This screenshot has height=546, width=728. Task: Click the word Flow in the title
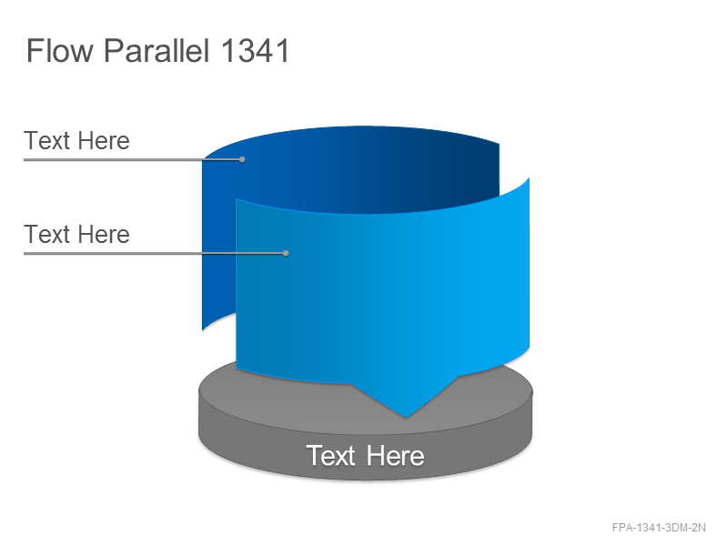60,51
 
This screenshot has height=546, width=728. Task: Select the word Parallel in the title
157,51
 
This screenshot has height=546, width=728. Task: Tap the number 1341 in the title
255,51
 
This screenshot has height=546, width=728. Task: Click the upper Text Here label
76,141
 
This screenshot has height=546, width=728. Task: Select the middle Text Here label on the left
76,234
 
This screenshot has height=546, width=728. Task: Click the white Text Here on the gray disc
365,456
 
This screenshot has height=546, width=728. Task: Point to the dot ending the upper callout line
242,159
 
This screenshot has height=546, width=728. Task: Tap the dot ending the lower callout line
286,253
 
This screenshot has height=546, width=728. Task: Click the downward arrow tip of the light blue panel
406,418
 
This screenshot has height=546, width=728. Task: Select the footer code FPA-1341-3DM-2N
659,528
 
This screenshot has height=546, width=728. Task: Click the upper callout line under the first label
133,160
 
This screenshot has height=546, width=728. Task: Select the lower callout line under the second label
155,254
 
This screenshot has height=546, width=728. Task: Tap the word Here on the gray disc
395,456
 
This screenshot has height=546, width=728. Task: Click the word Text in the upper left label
47,141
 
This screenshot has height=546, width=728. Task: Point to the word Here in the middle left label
104,234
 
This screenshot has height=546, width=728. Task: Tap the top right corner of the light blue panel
530,177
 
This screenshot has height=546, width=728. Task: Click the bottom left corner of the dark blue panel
202,330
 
